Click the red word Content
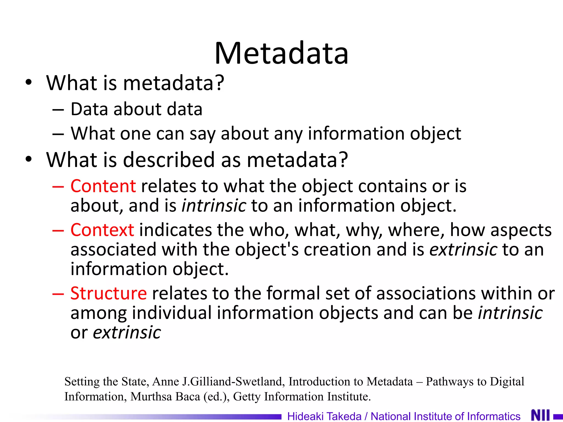point(103,186)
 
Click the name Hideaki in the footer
point(305,416)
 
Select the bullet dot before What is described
point(29,159)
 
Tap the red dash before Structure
point(58,293)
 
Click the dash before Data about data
point(58,110)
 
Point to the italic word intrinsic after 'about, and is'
point(214,206)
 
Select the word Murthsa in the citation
point(151,396)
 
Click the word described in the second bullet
point(169,160)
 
